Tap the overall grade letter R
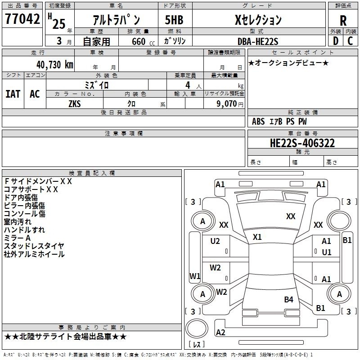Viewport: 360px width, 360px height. [343, 21]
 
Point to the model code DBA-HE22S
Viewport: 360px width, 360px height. [258, 41]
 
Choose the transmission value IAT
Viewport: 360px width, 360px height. [13, 94]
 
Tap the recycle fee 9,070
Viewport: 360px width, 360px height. [226, 104]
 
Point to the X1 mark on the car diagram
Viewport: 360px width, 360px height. [257, 237]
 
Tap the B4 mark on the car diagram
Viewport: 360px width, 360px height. [288, 299]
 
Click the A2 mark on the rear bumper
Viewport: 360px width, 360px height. [220, 333]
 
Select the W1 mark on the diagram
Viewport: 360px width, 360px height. [195, 276]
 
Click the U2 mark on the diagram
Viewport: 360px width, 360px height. [215, 241]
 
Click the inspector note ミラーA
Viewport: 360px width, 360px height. [17, 238]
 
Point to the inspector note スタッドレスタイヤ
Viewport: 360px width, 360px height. [34, 246]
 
